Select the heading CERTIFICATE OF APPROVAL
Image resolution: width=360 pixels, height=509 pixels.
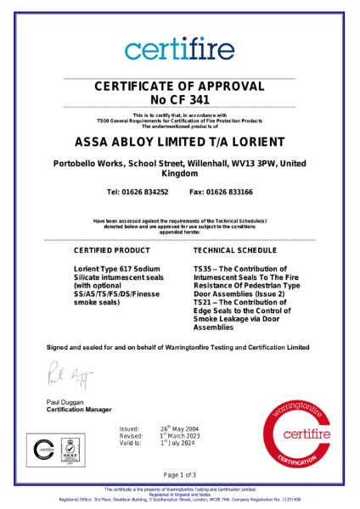point(179,86)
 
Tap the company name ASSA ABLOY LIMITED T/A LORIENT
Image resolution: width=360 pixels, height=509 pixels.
point(179,141)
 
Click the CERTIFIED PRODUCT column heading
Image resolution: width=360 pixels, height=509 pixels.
point(108,252)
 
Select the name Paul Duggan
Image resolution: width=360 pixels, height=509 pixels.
point(66,401)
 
